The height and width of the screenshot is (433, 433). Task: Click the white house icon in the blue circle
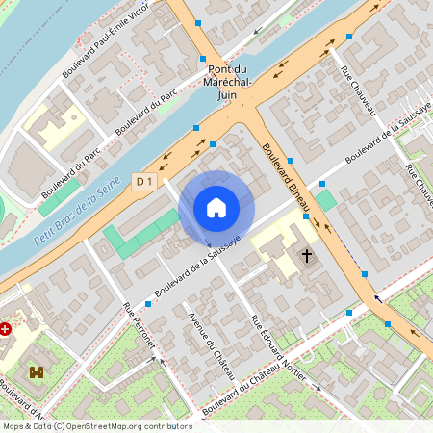coord(216,207)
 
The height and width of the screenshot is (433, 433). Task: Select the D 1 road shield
coord(144,181)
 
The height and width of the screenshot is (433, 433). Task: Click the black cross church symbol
coord(308,256)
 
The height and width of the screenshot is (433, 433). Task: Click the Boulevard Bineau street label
coord(287,179)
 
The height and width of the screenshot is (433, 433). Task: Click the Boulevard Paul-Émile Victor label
coord(106,40)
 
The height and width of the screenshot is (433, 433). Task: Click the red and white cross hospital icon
coord(7,328)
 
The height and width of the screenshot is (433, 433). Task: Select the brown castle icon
coord(38,372)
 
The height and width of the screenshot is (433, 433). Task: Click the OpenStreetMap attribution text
coord(96,426)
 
